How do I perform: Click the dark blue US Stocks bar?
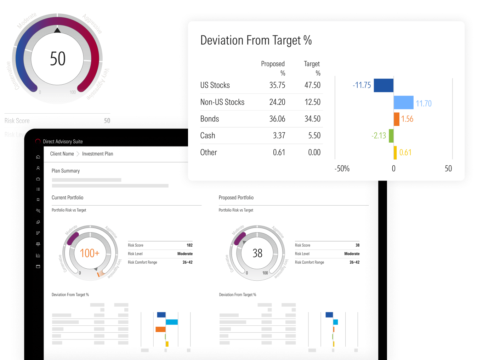point(383,85)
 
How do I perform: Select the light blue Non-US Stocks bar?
point(403,102)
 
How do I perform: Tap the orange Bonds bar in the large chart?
point(397,119)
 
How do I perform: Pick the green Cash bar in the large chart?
point(391,136)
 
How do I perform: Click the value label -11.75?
point(362,85)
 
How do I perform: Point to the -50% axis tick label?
point(342,168)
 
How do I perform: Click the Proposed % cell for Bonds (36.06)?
point(277,119)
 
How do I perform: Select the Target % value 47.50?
point(312,85)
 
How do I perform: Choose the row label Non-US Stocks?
point(222,102)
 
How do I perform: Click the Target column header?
point(312,64)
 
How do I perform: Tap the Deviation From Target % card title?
point(256,40)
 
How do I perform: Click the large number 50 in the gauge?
point(58,59)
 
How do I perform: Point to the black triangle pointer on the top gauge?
point(57,30)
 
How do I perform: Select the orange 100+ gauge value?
point(90,253)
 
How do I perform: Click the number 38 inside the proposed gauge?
point(257,253)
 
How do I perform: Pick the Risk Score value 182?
point(189,245)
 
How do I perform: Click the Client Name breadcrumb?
point(62,154)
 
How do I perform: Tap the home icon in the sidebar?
point(38,157)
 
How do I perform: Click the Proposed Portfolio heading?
point(236,198)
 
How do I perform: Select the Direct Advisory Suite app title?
point(63,142)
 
